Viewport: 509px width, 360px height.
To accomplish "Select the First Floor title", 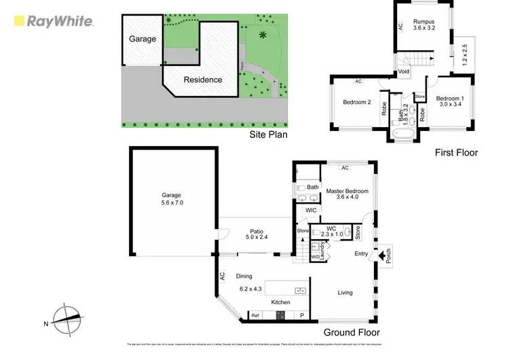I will click(456, 153).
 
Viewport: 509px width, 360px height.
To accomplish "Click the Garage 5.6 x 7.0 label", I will click(172, 199).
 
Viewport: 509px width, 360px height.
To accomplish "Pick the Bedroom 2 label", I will click(356, 103).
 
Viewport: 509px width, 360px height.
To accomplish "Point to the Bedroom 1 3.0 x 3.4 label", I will click(449, 100).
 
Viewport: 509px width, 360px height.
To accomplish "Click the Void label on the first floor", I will click(404, 71).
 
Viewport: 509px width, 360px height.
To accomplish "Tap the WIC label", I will click(312, 211).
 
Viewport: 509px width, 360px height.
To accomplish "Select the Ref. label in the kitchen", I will click(256, 316).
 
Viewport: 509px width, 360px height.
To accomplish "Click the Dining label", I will click(244, 276).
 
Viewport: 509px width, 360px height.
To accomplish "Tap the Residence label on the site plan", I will click(203, 79).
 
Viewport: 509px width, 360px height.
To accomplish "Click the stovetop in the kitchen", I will click(280, 315).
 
